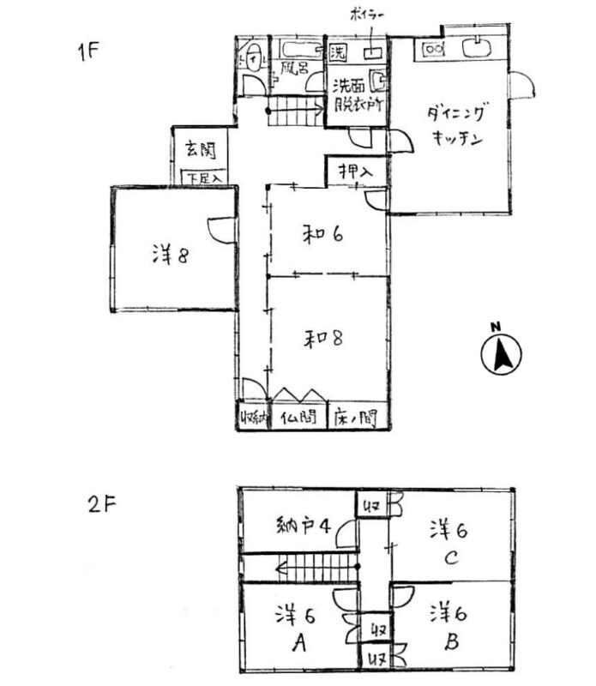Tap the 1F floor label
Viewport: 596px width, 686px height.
coord(88,49)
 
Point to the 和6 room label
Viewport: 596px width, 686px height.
coord(324,233)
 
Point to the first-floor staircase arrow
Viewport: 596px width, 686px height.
coord(296,109)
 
